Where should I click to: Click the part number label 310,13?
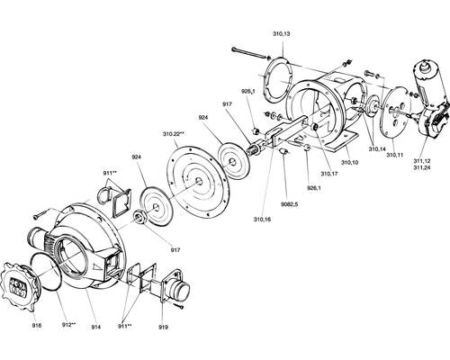point(281,34)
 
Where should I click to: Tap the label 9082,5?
point(290,204)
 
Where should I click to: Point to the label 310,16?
point(262,220)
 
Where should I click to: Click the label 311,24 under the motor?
point(422,167)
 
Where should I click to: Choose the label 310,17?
point(329,174)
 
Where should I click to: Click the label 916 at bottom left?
point(37,325)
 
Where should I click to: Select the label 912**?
point(68,325)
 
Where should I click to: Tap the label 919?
point(163,327)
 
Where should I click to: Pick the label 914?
point(96,327)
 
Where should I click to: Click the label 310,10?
point(349,163)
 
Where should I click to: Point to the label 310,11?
point(395,155)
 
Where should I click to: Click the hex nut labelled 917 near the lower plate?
point(140,217)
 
